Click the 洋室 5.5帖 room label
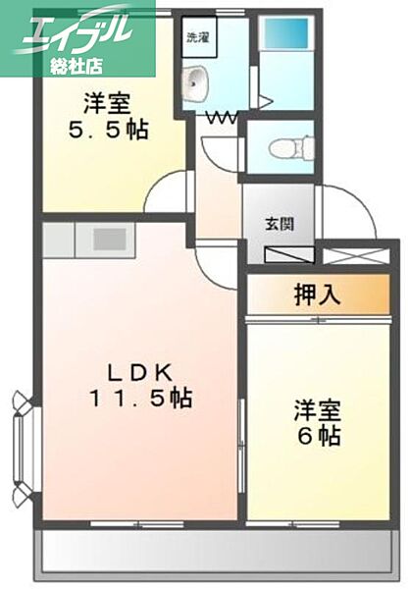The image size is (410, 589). click(116, 116)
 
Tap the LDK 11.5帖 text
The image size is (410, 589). click(141, 386)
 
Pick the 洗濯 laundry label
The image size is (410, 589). click(197, 37)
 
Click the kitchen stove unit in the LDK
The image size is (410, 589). click(108, 238)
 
